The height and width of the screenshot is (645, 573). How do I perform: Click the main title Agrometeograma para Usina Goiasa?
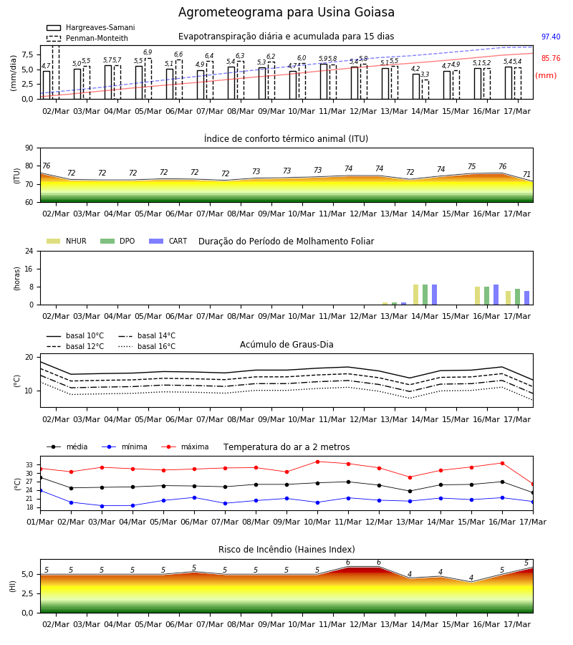286,12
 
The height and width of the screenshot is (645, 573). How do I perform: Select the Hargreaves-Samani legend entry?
90,27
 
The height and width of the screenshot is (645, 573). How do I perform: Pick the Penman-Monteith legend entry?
87,38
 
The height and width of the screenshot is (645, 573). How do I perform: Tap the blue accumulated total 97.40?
550,37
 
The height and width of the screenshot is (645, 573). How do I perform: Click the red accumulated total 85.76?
550,59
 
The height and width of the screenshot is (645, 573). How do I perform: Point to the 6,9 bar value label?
148,52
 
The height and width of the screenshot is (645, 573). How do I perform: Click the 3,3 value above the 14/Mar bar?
425,75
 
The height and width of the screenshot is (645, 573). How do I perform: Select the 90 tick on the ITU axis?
29,148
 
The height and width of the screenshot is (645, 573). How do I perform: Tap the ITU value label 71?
526,174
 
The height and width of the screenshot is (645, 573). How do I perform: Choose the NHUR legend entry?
67,241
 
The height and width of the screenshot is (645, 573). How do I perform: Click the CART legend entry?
168,241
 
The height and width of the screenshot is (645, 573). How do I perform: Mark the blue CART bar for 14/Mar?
435,295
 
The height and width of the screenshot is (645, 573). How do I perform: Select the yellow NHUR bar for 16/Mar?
477,296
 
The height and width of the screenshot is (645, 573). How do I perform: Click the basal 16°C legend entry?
147,346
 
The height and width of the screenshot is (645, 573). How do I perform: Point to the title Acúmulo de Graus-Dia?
286,345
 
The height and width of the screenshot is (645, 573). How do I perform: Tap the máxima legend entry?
185,446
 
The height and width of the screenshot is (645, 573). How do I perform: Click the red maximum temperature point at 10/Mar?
317,462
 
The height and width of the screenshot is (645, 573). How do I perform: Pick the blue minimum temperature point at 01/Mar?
40,491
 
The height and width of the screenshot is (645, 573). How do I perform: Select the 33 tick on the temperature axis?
29,465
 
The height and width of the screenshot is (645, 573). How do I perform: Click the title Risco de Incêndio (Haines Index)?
286,550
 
